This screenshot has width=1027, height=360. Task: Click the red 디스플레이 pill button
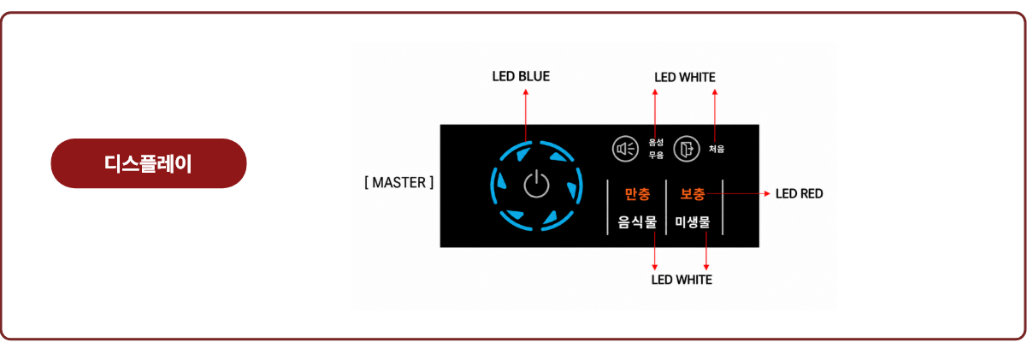(149, 163)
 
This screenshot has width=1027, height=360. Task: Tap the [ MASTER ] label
(398, 182)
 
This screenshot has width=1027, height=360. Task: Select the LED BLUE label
(521, 76)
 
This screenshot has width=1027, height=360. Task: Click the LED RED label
(800, 193)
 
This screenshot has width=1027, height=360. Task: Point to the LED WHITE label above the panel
(685, 77)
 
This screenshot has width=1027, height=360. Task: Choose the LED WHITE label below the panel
(682, 280)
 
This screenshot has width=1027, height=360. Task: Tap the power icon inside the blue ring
(536, 185)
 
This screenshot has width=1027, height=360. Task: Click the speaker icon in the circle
(625, 149)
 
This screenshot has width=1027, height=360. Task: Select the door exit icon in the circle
(687, 149)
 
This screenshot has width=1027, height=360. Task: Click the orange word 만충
(637, 194)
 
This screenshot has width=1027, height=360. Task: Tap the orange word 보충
(693, 194)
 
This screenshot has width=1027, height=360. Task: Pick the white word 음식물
(637, 222)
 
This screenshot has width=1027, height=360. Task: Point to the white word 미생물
(693, 222)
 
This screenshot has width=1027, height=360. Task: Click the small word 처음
(717, 149)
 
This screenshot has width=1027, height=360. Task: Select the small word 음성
(656, 143)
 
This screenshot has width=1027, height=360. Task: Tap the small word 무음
(656, 155)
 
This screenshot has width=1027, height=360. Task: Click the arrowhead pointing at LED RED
(767, 193)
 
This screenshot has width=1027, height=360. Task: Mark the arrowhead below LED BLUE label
(526, 92)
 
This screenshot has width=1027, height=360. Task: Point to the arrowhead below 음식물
(655, 267)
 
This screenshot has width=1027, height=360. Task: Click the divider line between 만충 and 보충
(666, 207)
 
